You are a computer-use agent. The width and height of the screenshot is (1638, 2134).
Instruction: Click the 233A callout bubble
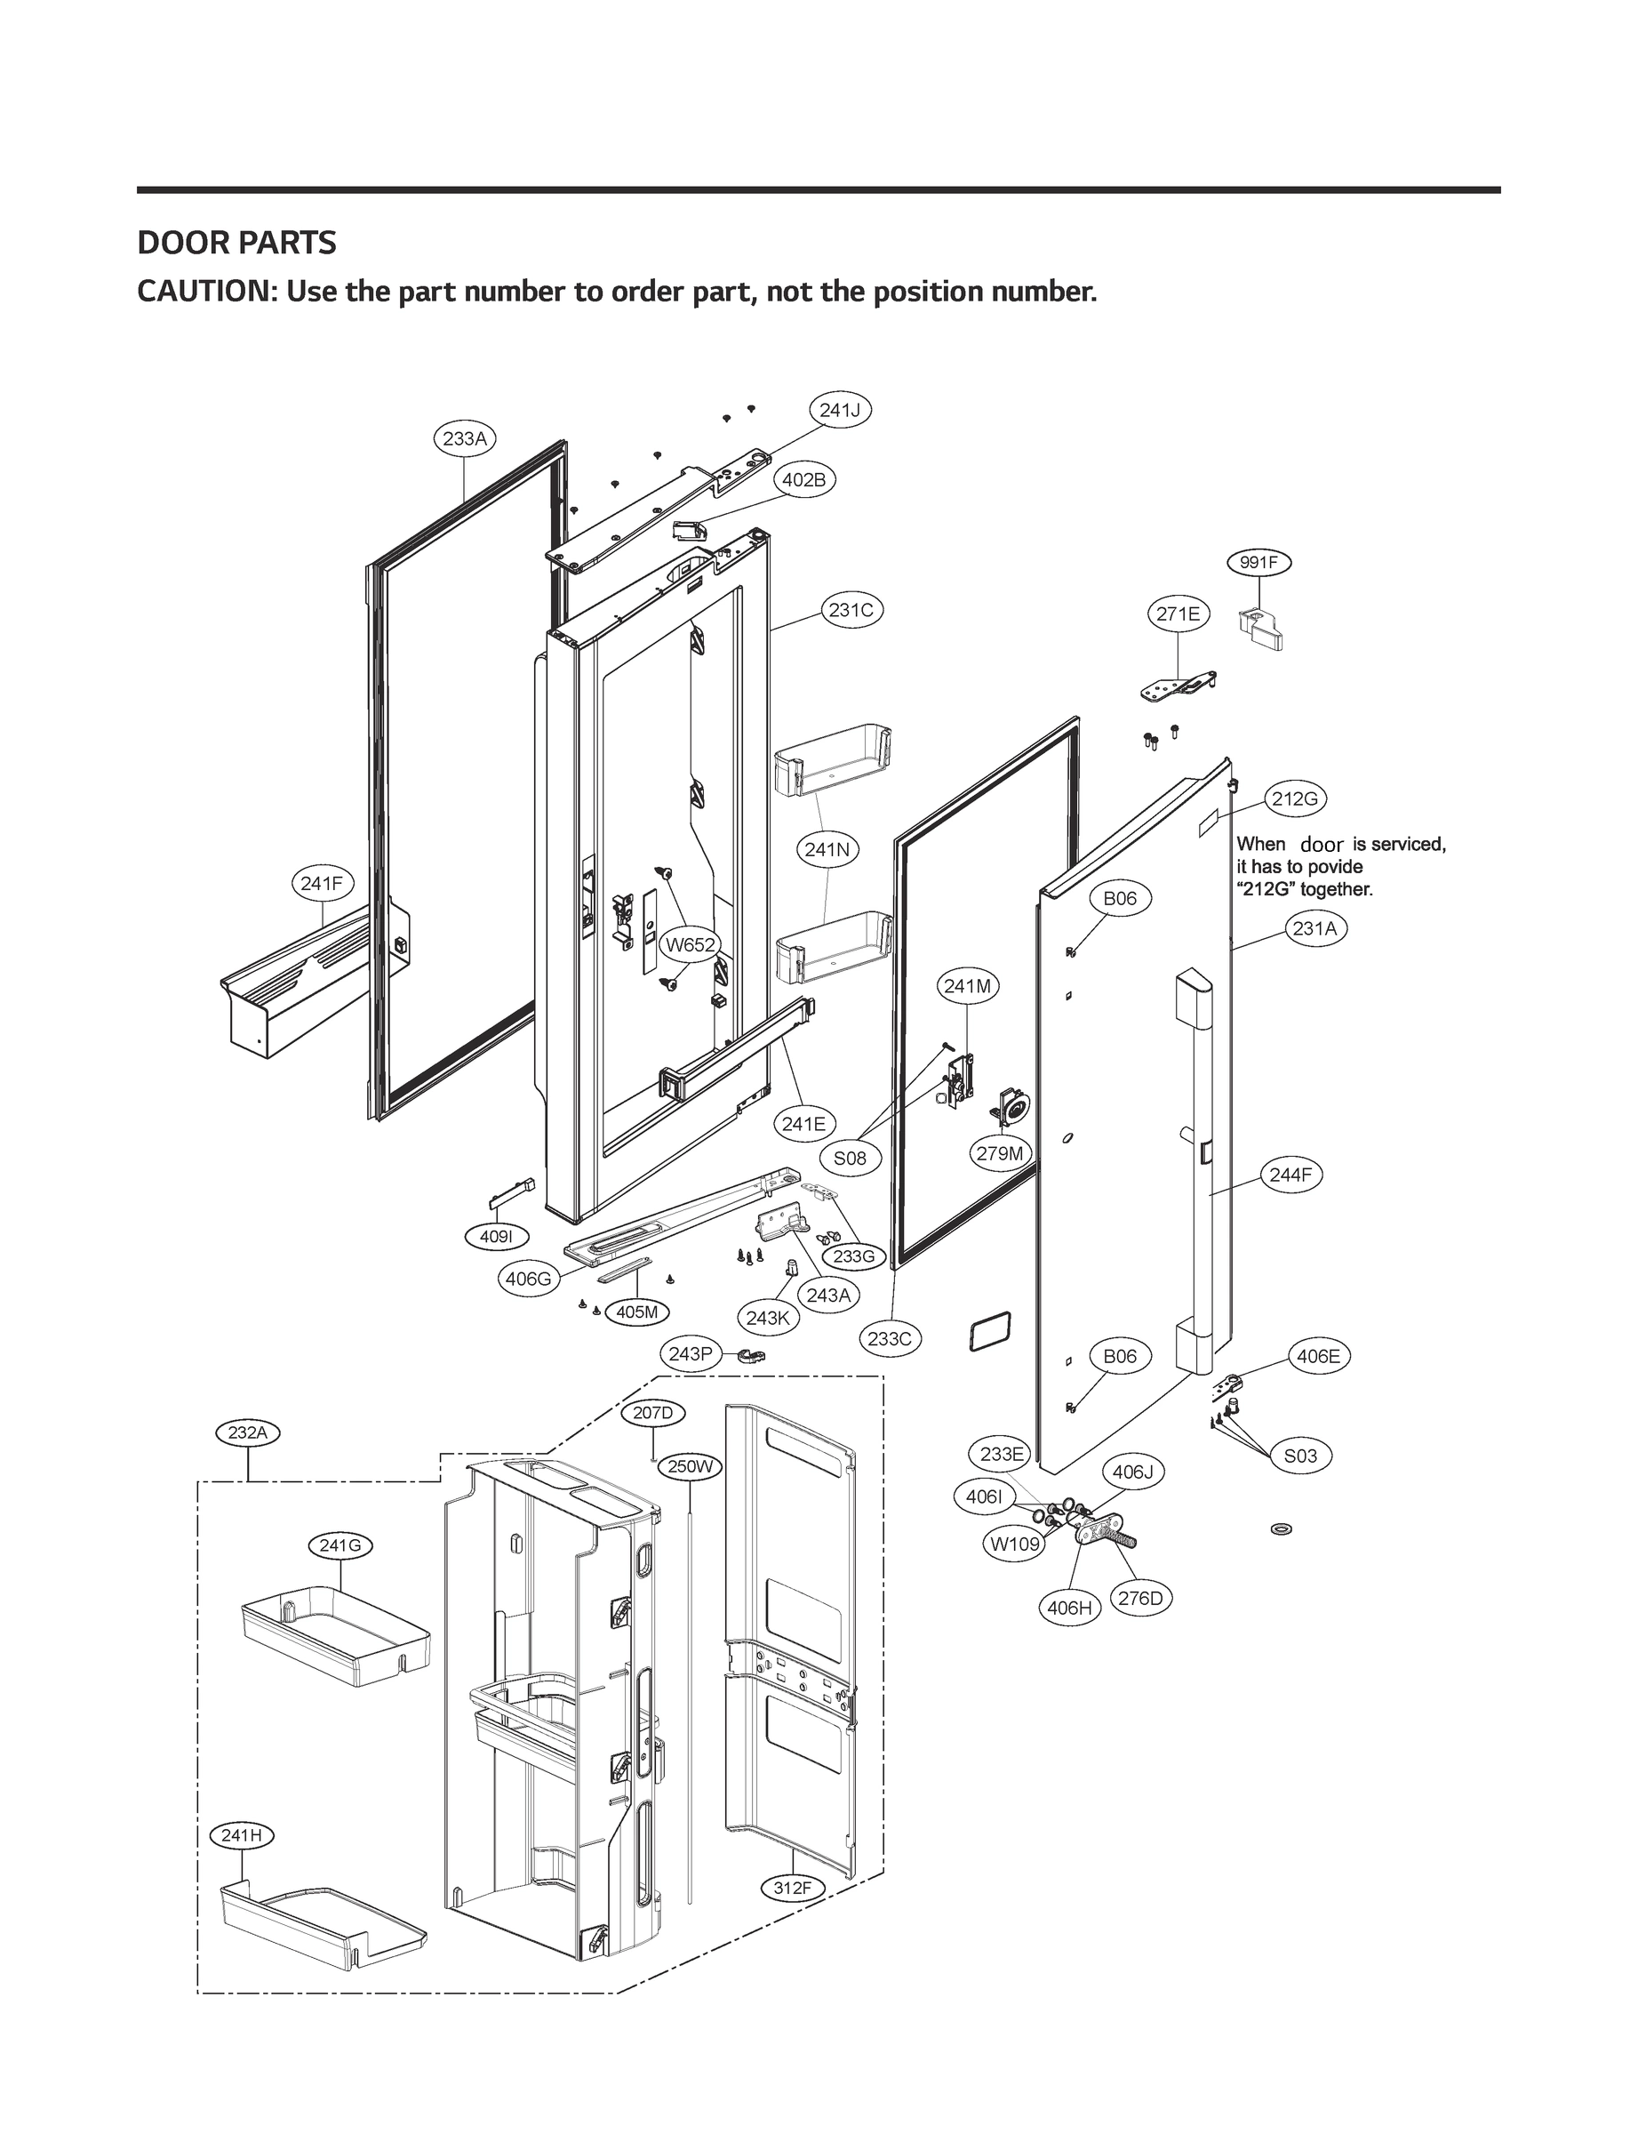[464, 439]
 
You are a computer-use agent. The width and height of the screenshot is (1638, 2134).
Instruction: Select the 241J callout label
[840, 411]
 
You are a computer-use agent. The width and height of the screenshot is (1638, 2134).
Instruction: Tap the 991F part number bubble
[1258, 563]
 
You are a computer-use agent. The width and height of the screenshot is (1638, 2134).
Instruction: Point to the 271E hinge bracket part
[1178, 686]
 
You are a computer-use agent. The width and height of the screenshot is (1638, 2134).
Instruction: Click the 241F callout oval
[322, 884]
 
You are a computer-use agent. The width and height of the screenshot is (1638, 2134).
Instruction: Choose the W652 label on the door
[691, 944]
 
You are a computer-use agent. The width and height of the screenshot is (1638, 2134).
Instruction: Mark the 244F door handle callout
[1290, 1175]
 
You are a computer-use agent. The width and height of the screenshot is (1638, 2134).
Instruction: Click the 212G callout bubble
[1295, 798]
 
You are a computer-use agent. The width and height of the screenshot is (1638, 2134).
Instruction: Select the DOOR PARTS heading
[237, 243]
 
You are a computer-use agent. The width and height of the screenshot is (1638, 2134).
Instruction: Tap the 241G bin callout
[340, 1546]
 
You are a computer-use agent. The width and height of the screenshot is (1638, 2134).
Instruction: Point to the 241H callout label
[242, 1835]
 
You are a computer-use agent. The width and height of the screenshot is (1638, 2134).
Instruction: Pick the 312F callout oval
[792, 1889]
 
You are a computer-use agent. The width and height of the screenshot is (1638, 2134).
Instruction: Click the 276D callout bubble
[1141, 1599]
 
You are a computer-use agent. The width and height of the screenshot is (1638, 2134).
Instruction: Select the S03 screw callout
[1299, 1456]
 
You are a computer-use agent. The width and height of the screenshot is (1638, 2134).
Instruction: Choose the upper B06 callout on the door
[1119, 898]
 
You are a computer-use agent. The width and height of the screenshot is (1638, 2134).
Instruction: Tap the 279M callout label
[1001, 1154]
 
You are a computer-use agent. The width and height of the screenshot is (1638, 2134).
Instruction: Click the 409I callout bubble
[496, 1237]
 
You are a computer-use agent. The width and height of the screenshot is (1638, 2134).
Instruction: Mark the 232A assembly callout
[248, 1432]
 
